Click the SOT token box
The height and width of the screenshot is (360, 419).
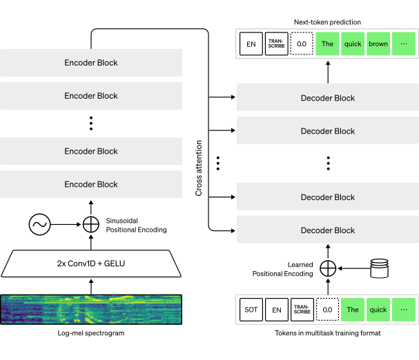tap(251, 310)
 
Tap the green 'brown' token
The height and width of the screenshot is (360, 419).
tap(378, 44)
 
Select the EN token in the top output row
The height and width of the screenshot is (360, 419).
tap(251, 44)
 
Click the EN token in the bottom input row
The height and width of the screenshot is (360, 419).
tap(277, 310)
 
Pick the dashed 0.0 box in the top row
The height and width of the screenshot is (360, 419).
tap(302, 43)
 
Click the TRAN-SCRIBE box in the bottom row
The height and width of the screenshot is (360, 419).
tap(302, 310)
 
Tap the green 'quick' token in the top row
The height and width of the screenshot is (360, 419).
tap(353, 44)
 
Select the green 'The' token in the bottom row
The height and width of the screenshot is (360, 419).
tap(353, 310)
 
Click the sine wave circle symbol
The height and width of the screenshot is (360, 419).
tap(39, 224)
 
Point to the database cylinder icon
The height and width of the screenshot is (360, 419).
tap(380, 268)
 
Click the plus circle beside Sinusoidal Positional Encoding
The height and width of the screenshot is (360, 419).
tap(91, 224)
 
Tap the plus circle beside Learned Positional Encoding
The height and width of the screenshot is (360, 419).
tap(328, 268)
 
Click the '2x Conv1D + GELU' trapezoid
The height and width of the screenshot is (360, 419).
tap(91, 263)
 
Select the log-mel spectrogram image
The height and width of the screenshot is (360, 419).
tap(91, 310)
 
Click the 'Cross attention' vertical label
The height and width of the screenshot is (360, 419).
tap(199, 168)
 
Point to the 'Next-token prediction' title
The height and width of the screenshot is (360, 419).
tap(327, 22)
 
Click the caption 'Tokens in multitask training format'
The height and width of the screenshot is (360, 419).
tap(328, 333)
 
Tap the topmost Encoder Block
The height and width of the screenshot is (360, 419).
tap(91, 63)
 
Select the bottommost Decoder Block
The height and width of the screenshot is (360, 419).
tap(328, 230)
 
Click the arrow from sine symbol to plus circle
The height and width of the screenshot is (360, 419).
tap(66, 224)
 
